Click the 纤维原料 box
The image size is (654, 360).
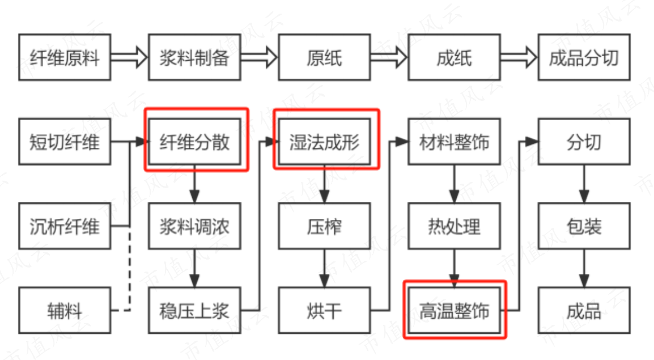pos(64,58)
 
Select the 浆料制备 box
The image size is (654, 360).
pos(194,58)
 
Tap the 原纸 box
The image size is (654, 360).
pos(324,58)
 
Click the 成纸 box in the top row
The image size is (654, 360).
pos(454,58)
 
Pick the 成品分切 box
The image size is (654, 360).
pos(584,58)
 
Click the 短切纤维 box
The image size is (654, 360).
pos(64,142)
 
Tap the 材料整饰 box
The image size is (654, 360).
pos(454,142)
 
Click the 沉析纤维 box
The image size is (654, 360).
pos(64,226)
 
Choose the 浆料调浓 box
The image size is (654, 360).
pos(194,226)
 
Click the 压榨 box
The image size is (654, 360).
pos(324,226)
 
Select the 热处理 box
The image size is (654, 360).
pos(454,226)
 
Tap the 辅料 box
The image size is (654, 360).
pos(64,310)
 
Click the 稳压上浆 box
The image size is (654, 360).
pos(194,310)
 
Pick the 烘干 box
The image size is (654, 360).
pos(324,310)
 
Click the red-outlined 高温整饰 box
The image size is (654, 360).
pos(454,310)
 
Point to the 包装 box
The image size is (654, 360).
pos(584,226)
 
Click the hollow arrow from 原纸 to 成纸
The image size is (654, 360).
pos(389,58)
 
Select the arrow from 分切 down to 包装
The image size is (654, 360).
pos(584,184)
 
